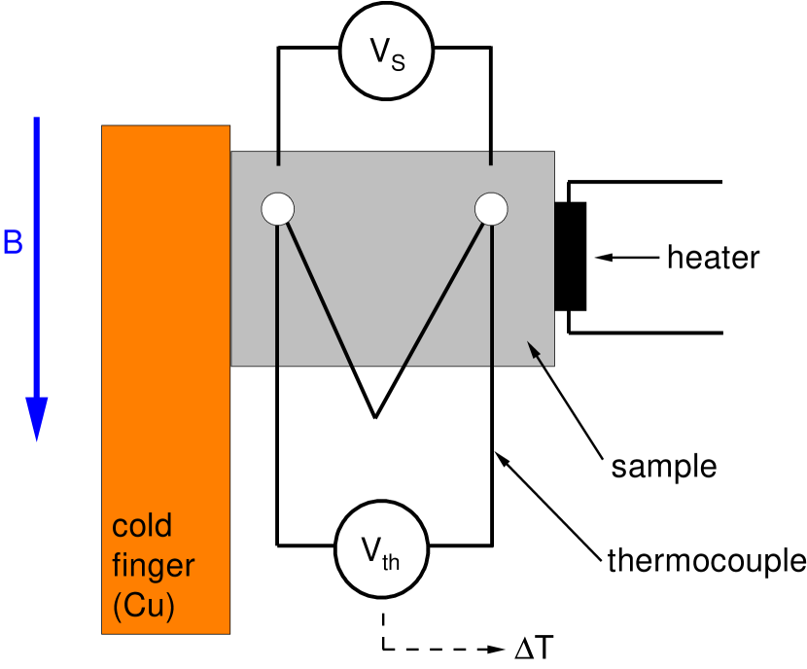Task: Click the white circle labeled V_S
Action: pyautogui.click(x=386, y=53)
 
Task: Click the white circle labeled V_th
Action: pyautogui.click(x=381, y=549)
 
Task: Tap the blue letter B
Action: pyautogui.click(x=13, y=243)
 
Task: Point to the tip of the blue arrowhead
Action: pyautogui.click(x=37, y=440)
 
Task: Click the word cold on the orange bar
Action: pyautogui.click(x=142, y=526)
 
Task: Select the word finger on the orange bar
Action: pyautogui.click(x=154, y=566)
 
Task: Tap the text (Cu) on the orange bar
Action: pyautogui.click(x=144, y=606)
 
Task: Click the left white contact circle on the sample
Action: pyautogui.click(x=278, y=208)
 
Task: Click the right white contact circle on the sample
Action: pyautogui.click(x=491, y=208)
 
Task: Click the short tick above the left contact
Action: pyautogui.click(x=278, y=158)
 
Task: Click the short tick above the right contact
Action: pyautogui.click(x=490, y=158)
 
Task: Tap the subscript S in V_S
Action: pyautogui.click(x=397, y=61)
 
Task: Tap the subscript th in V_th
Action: pyautogui.click(x=391, y=560)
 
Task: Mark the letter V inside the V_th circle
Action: pyautogui.click(x=371, y=549)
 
